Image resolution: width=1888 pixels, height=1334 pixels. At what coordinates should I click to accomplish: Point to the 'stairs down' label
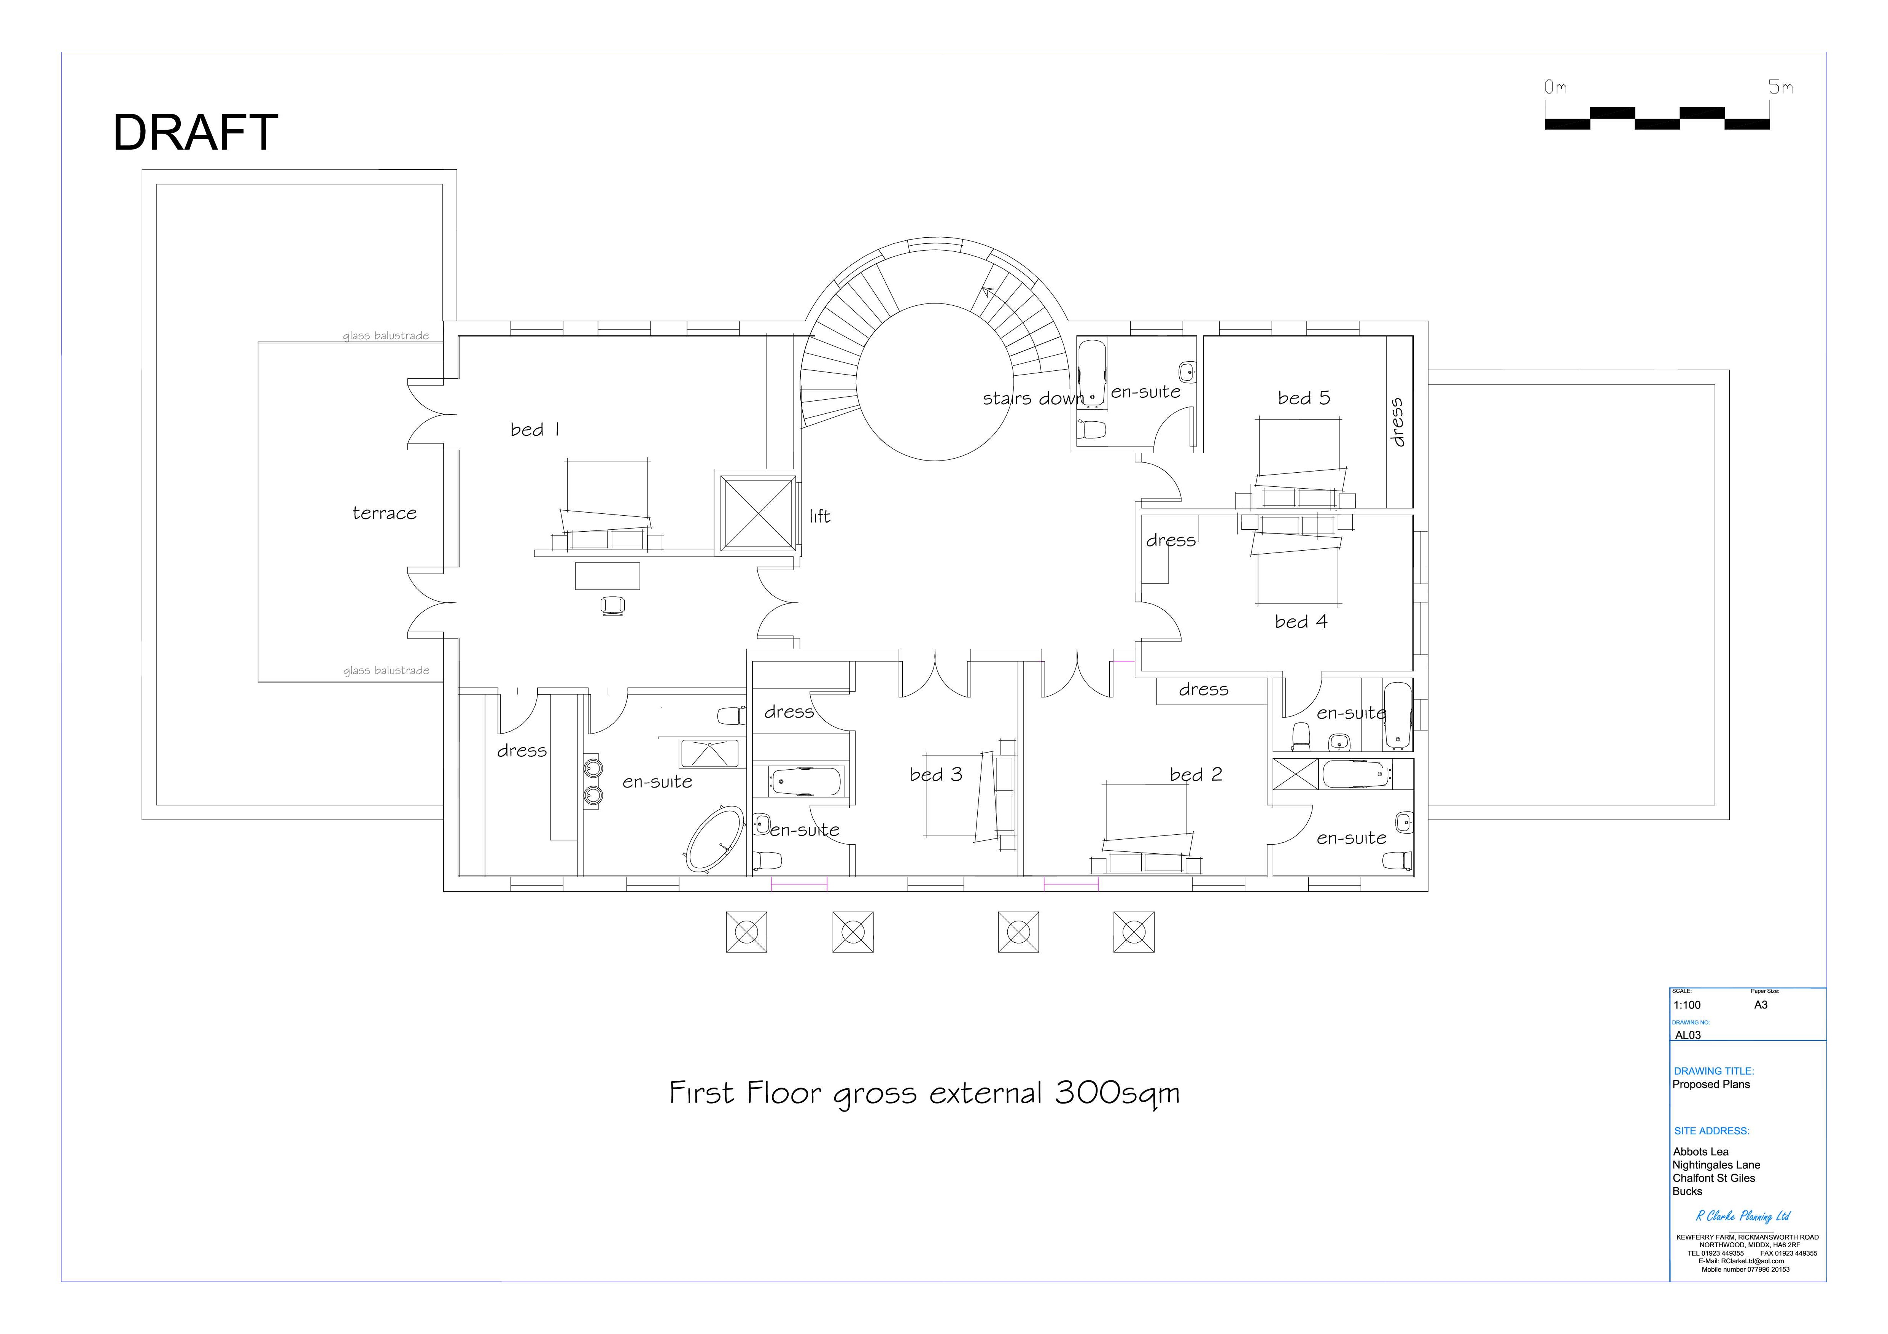(1033, 399)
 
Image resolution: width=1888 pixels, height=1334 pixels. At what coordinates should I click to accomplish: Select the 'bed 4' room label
(1301, 622)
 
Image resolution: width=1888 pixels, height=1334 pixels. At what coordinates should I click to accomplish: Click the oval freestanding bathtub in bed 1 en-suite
(714, 839)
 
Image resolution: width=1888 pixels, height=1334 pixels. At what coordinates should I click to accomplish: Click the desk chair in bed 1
(612, 606)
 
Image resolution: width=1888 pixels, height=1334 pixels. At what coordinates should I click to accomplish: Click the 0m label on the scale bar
(1555, 87)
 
